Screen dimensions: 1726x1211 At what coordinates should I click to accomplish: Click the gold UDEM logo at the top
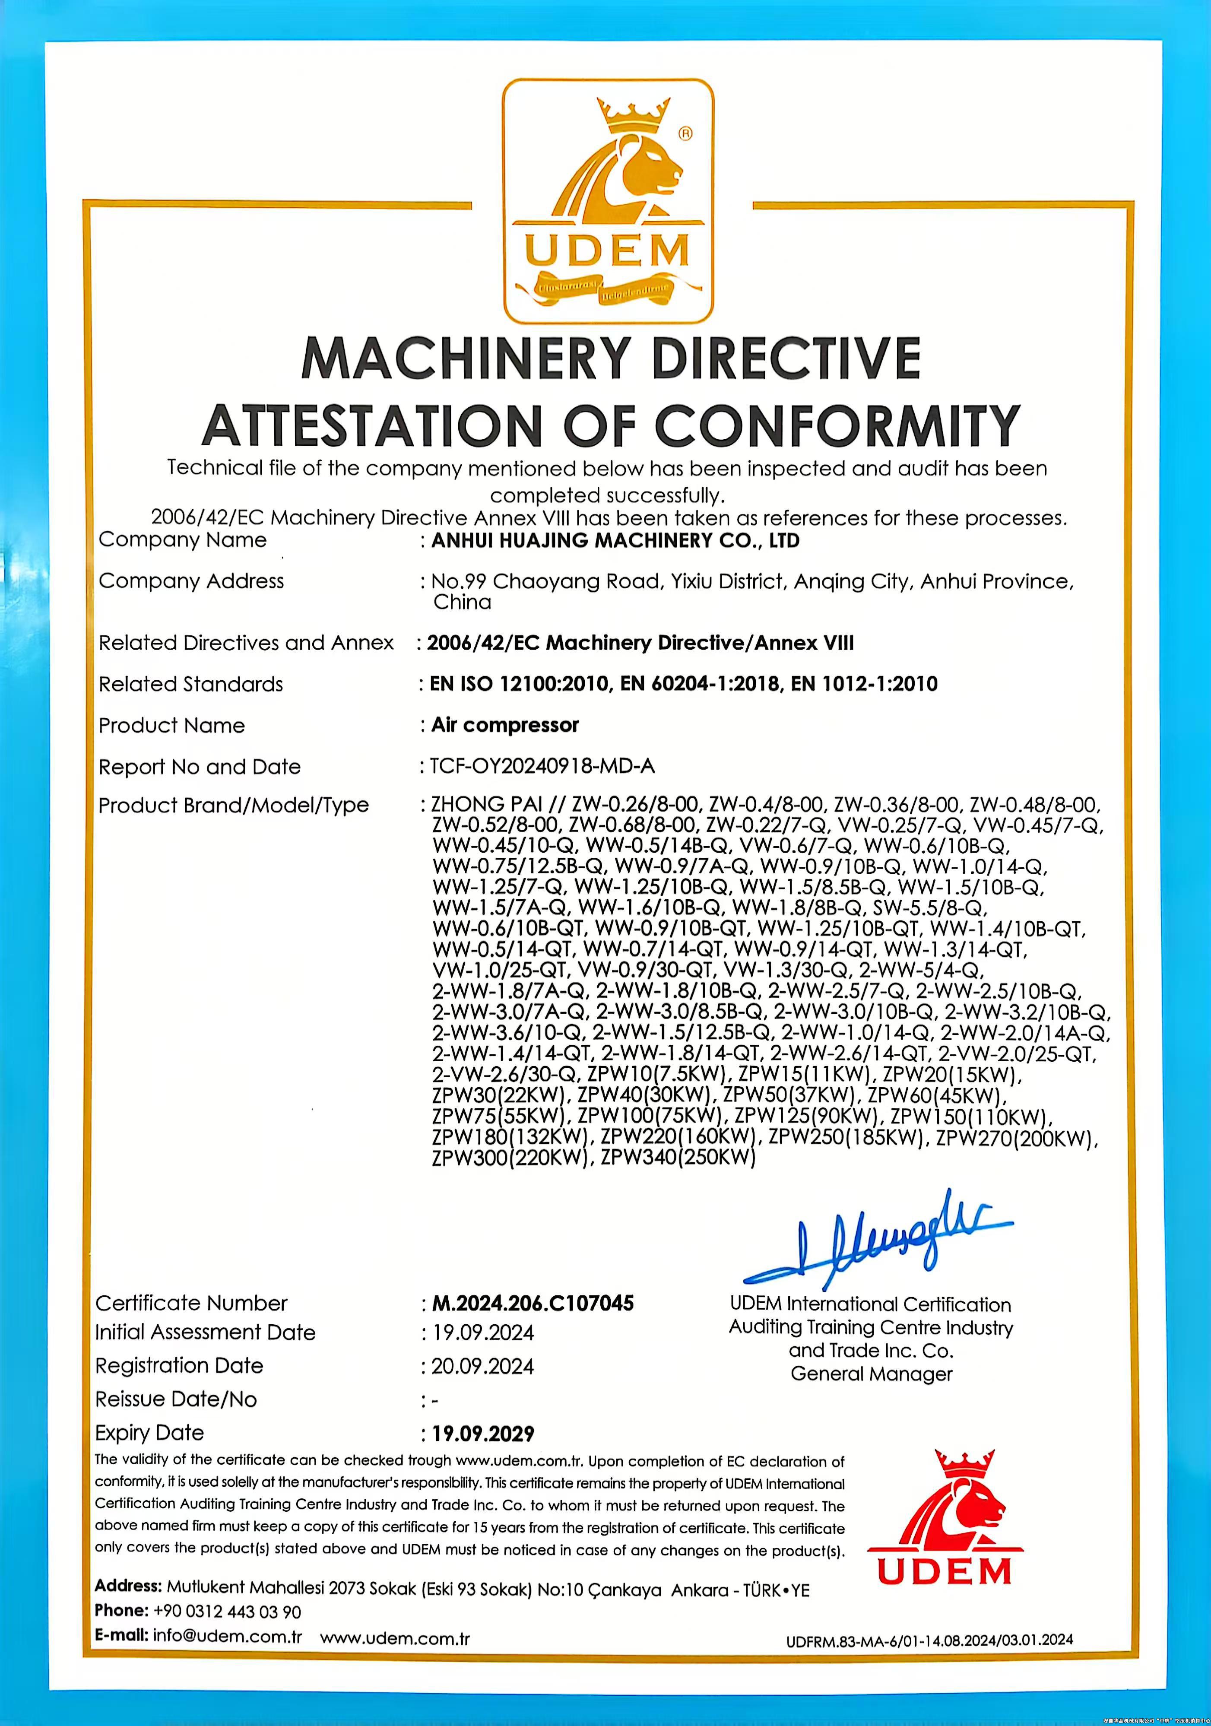607,201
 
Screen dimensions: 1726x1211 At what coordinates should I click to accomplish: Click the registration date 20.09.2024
482,1366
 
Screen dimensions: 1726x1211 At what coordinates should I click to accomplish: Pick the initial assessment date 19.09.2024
482,1333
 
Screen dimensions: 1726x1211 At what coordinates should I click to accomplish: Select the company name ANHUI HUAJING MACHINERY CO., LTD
615,540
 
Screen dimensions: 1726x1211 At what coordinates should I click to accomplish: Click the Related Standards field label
191,684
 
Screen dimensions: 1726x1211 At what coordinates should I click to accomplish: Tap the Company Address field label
191,581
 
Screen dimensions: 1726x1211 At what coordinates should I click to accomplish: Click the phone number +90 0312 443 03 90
227,1611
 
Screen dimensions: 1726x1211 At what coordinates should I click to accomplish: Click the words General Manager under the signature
871,1374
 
